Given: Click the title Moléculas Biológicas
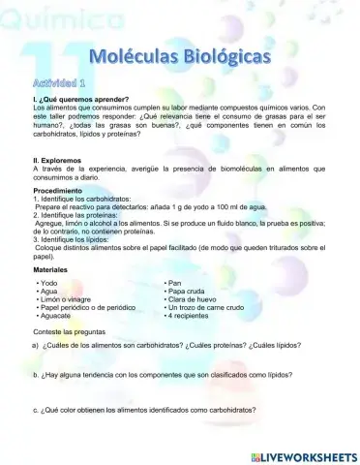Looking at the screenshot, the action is (x=180, y=59).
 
